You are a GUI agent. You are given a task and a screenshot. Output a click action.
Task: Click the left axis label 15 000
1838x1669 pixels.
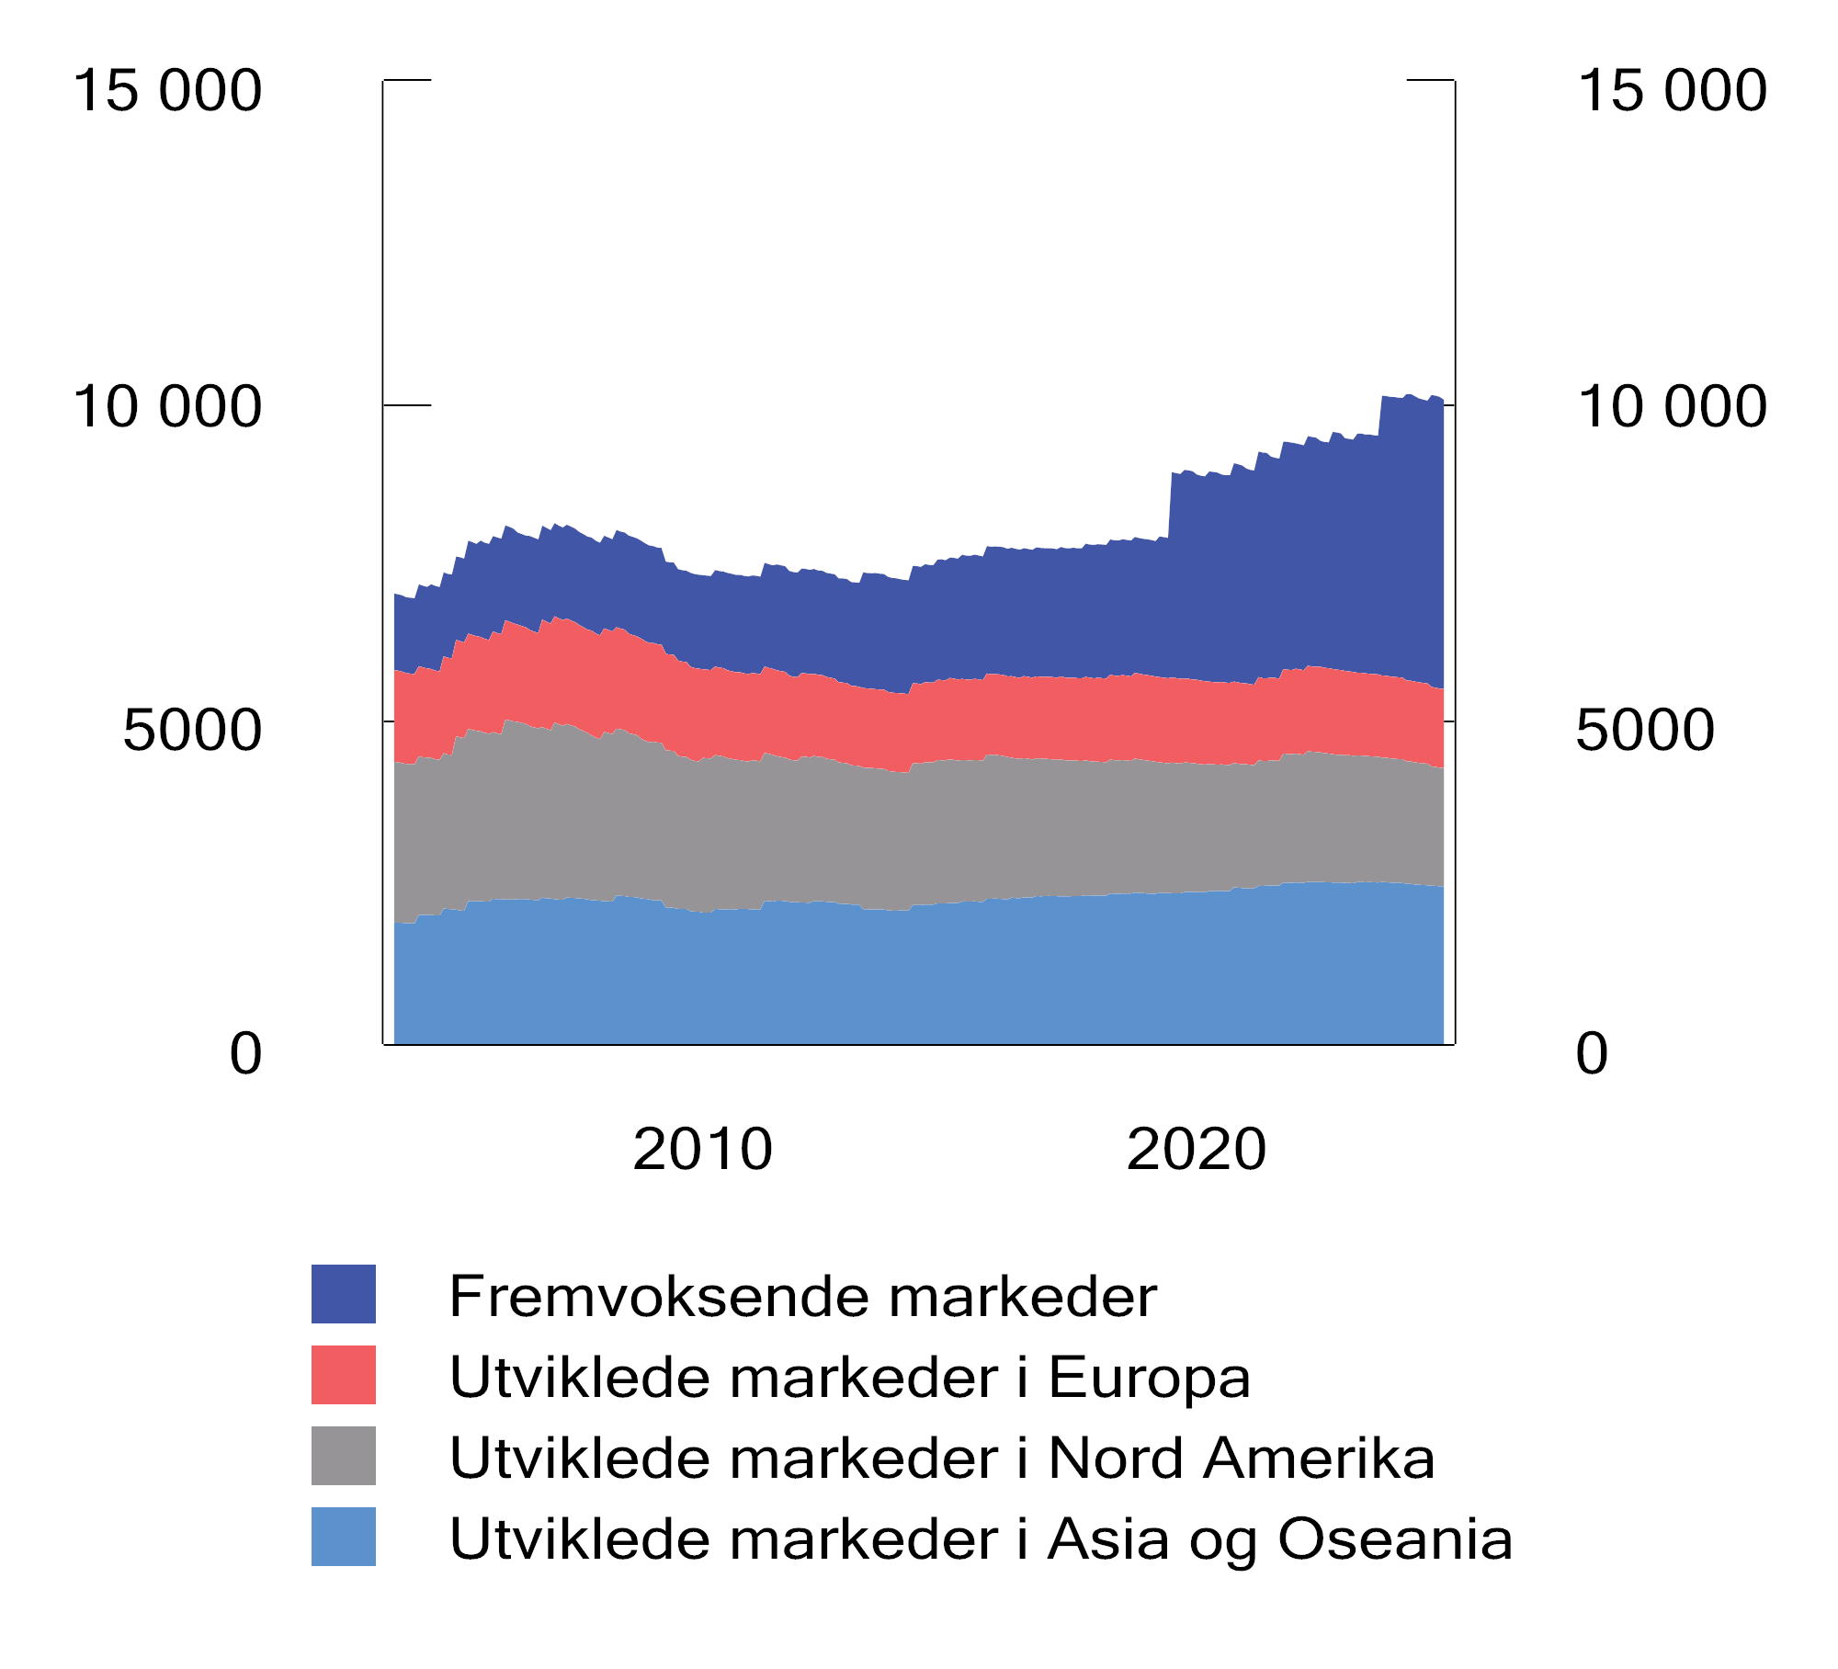[167, 91]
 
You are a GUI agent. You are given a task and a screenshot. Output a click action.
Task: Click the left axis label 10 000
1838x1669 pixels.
[167, 407]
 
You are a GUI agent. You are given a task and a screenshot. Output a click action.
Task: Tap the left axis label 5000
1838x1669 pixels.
[192, 731]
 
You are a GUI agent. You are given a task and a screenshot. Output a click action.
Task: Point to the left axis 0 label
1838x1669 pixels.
[245, 1053]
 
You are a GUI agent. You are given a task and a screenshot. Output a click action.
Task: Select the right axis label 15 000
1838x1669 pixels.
[1672, 91]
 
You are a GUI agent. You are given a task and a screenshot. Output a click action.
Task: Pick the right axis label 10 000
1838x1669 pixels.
[1672, 407]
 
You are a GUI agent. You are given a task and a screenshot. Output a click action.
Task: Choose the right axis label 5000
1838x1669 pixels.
[1645, 731]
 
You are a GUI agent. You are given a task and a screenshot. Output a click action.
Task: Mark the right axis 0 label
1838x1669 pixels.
[1592, 1053]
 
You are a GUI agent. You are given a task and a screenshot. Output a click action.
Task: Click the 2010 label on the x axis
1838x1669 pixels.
[702, 1150]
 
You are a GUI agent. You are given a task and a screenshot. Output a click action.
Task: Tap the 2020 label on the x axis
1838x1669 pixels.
[1196, 1150]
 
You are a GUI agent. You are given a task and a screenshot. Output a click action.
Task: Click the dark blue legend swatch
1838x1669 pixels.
[343, 1294]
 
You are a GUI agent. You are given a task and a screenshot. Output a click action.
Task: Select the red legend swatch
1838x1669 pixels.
[343, 1375]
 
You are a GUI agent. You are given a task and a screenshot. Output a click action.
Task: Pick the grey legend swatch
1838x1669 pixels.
[343, 1456]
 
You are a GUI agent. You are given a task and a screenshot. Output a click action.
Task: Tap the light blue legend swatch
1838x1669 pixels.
[343, 1537]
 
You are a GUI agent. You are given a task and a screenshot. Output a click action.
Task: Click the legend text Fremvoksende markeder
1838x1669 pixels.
[802, 1297]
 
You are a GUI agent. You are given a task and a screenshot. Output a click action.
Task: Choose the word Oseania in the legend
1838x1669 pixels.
[1395, 1539]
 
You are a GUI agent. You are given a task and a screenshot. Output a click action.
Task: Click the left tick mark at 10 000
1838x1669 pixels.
[408, 404]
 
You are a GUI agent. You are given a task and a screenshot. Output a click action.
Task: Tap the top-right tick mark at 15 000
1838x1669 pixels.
[1430, 80]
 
